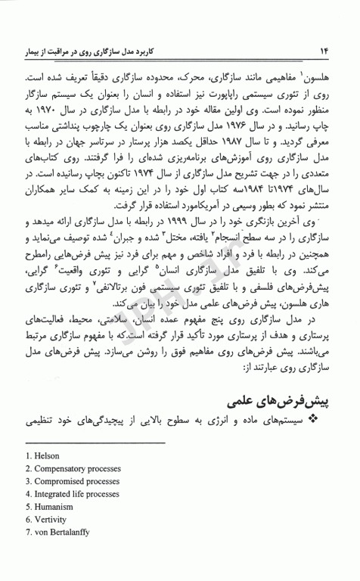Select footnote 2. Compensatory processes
(x=70, y=470)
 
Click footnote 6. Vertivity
(x=48, y=520)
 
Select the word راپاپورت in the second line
(x=226, y=94)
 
